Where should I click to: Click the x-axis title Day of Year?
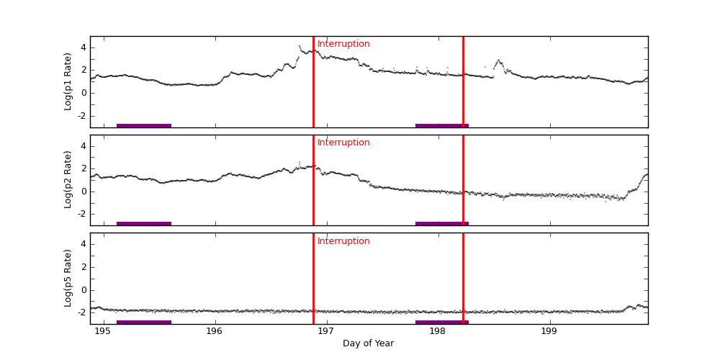(x=368, y=343)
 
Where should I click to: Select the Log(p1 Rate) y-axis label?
(x=68, y=81)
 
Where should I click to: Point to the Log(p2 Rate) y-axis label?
(x=68, y=180)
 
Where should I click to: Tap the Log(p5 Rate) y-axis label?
(x=68, y=278)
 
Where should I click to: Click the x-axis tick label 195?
(x=103, y=331)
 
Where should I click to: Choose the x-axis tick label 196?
(x=215, y=331)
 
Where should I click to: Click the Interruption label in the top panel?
(x=343, y=44)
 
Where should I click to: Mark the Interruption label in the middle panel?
(x=343, y=143)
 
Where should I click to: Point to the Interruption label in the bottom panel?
(x=343, y=241)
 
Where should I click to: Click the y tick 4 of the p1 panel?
(x=83, y=48)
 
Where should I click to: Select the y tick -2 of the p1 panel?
(x=81, y=115)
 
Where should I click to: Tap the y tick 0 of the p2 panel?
(x=83, y=191)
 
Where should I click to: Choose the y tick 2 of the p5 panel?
(x=83, y=267)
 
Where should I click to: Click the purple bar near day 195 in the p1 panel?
(x=144, y=125)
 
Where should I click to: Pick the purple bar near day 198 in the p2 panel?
(x=442, y=223)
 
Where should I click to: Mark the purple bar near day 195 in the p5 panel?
(x=144, y=322)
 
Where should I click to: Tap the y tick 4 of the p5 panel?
(x=83, y=244)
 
